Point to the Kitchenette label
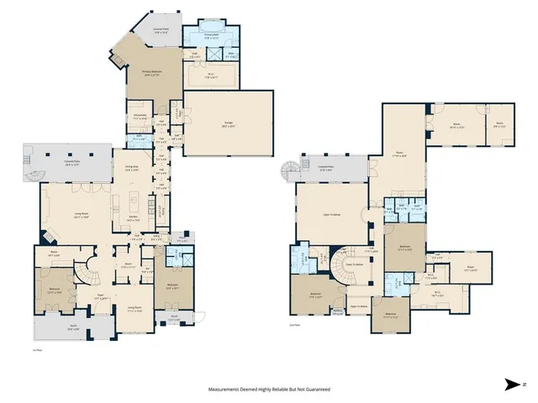pyautogui.click(x=140, y=116)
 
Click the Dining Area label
pyautogui.click(x=131, y=169)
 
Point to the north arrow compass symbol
pyautogui.click(x=513, y=385)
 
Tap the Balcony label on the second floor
pyautogui.click(x=338, y=312)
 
